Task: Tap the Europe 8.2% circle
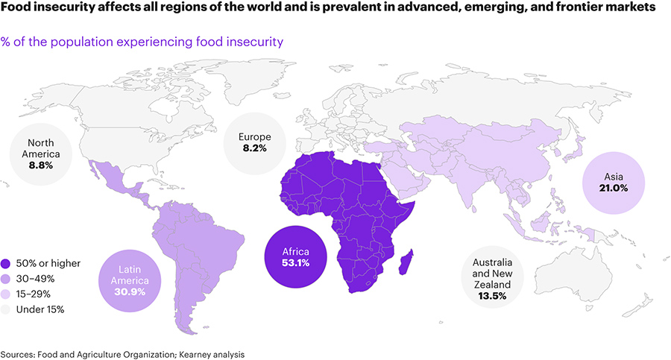click(x=254, y=142)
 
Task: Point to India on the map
click(x=470, y=186)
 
